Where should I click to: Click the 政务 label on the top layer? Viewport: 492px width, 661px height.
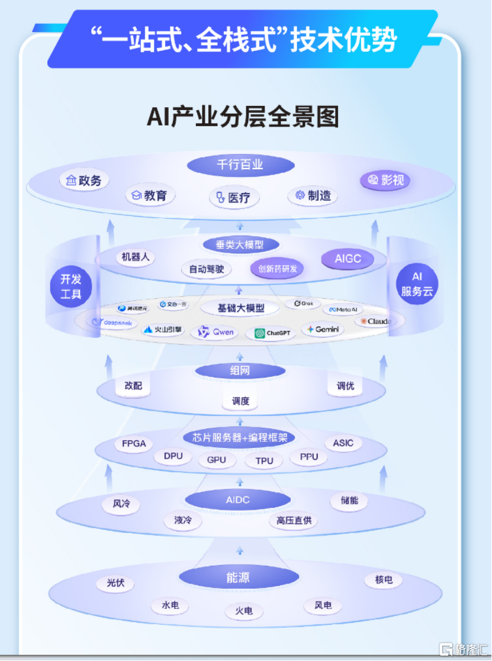(x=84, y=180)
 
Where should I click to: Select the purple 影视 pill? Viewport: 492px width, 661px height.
(x=385, y=180)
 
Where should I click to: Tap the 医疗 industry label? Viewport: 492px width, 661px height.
(x=233, y=198)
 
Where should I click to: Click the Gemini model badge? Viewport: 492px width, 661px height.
(x=323, y=329)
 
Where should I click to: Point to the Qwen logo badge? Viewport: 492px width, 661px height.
(x=216, y=332)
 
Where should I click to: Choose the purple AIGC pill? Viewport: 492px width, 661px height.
(x=348, y=259)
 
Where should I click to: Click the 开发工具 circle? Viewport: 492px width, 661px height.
(x=71, y=286)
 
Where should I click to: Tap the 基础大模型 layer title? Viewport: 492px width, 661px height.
(x=240, y=308)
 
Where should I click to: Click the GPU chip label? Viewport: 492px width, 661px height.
(x=217, y=459)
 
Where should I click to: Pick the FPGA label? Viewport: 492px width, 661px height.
(x=134, y=444)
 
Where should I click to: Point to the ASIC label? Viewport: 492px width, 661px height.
(x=343, y=443)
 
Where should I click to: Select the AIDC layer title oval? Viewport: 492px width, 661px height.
(x=238, y=500)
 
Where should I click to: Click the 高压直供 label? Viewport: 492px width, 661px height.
(x=294, y=521)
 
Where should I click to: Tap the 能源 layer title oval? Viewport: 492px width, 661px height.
(x=238, y=577)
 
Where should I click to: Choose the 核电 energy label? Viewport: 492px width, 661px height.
(x=384, y=580)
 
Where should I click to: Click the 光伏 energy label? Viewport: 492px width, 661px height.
(x=115, y=583)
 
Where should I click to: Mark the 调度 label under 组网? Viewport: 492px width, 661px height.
(x=240, y=401)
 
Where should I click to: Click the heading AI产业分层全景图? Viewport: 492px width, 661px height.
(x=243, y=117)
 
